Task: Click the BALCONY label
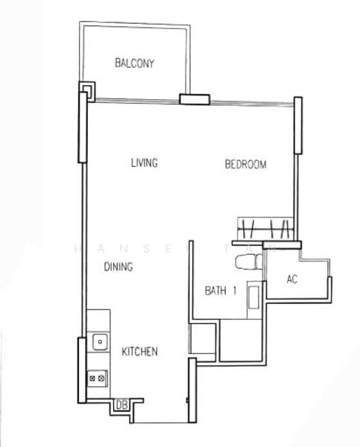[135, 63]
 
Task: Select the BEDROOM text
[245, 165]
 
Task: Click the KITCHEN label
[139, 351]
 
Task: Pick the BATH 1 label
[221, 291]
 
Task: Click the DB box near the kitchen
[121, 405]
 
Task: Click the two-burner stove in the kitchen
[97, 378]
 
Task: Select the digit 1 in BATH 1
[234, 291]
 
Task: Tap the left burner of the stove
[92, 378]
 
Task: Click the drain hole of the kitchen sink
[98, 342]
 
